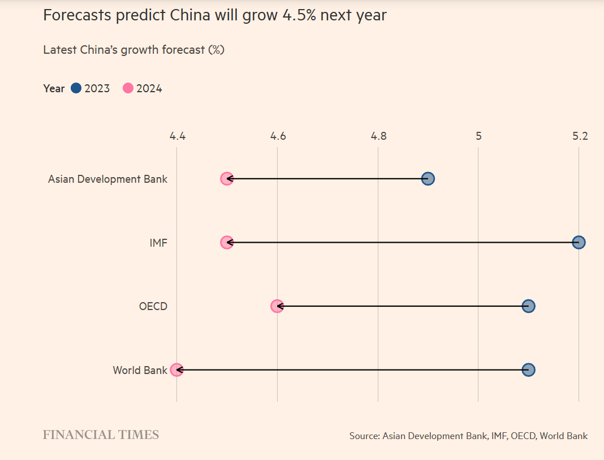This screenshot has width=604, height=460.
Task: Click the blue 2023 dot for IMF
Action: pyautogui.click(x=579, y=243)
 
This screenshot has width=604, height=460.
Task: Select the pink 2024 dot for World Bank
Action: pyautogui.click(x=176, y=370)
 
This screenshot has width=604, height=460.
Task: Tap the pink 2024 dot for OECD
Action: pyautogui.click(x=277, y=306)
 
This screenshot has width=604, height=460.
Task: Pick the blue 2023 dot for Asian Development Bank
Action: pyautogui.click(x=428, y=179)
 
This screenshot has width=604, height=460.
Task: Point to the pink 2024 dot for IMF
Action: pyautogui.click(x=227, y=243)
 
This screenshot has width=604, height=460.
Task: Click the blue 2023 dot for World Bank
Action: pyautogui.click(x=529, y=370)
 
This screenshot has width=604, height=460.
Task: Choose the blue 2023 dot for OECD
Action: pyautogui.click(x=529, y=306)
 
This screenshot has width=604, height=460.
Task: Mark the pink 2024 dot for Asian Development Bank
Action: pyautogui.click(x=227, y=179)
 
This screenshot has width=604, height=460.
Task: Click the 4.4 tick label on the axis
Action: pyautogui.click(x=178, y=136)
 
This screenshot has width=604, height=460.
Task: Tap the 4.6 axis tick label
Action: pyautogui.click(x=278, y=136)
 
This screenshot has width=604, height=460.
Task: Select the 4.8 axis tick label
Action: pyautogui.click(x=378, y=136)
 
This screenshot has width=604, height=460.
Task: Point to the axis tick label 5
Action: pyautogui.click(x=478, y=136)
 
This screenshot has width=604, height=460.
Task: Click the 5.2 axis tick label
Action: pyautogui.click(x=580, y=136)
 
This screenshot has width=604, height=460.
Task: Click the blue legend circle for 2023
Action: pyautogui.click(x=76, y=88)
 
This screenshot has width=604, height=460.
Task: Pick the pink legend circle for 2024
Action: pyautogui.click(x=128, y=88)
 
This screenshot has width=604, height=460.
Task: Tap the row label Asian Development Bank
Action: pyautogui.click(x=107, y=179)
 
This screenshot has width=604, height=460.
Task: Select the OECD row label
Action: pyautogui.click(x=153, y=307)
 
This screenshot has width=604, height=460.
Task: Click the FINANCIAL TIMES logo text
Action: pyautogui.click(x=101, y=435)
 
